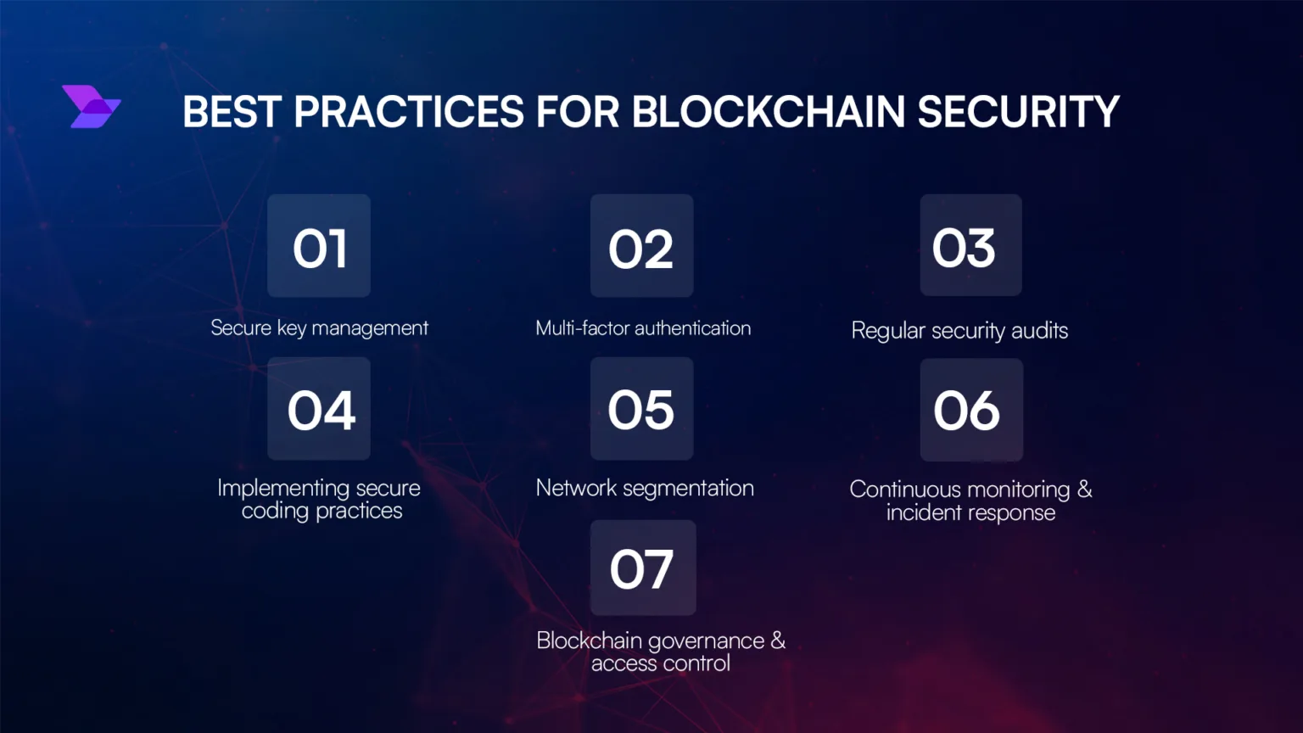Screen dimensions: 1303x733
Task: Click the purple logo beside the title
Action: click(x=92, y=106)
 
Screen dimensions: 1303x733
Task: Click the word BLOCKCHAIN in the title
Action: click(x=769, y=111)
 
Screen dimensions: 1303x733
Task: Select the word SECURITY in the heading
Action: click(x=1019, y=111)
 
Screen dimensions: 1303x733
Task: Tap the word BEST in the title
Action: click(x=232, y=111)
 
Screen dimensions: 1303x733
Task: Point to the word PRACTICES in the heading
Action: click(x=409, y=111)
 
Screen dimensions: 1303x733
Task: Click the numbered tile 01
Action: click(x=319, y=245)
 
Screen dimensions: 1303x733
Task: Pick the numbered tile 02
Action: click(x=641, y=245)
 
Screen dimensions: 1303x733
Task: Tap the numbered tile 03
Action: click(x=970, y=245)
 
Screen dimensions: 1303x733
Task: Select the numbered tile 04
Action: click(x=319, y=408)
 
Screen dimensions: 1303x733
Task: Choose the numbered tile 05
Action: click(x=641, y=408)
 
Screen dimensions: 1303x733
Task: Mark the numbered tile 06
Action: click(x=971, y=410)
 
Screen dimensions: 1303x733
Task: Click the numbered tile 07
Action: click(x=643, y=568)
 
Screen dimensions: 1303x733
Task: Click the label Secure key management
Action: click(x=319, y=328)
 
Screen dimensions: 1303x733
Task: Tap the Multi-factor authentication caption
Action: click(x=643, y=328)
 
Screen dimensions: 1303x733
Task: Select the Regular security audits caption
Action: click(x=959, y=330)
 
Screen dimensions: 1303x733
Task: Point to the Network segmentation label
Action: click(x=645, y=488)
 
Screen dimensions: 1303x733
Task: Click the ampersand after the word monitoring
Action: click(x=1084, y=490)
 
